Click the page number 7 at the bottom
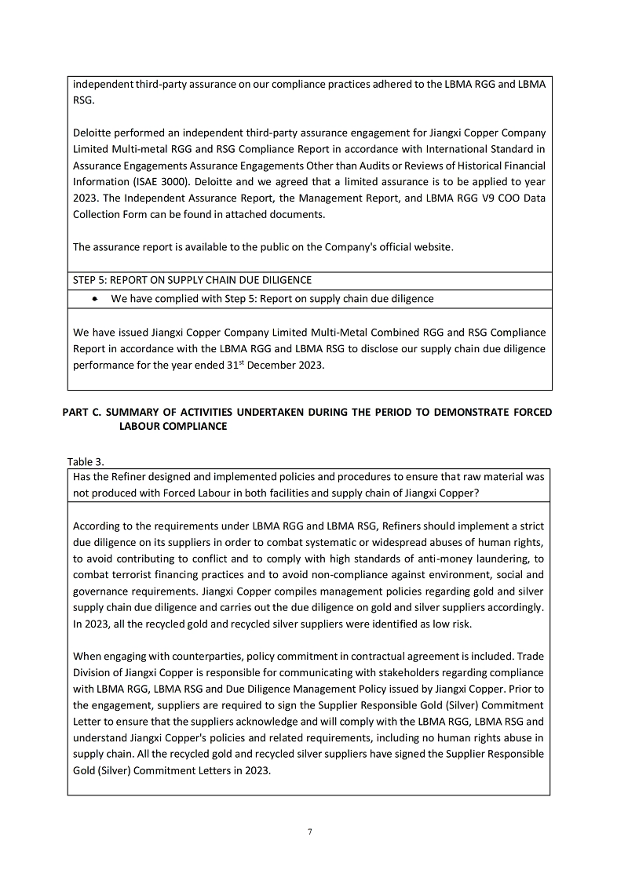[x=310, y=832]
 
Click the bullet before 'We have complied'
[x=96, y=299]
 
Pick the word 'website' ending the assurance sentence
[x=433, y=246]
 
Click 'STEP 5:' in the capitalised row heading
[x=89, y=280]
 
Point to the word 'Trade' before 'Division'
[x=531, y=655]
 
